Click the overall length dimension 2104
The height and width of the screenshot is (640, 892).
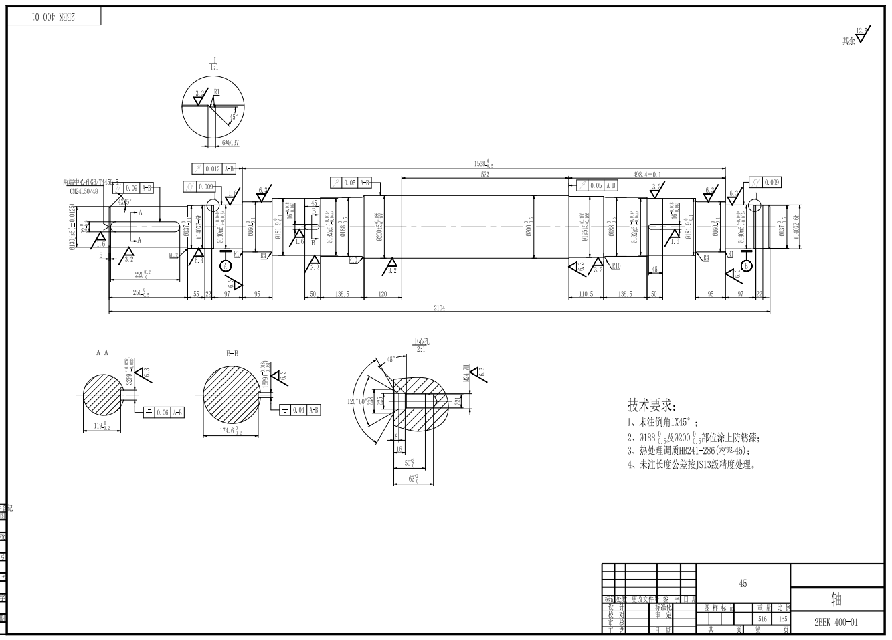pos(439,308)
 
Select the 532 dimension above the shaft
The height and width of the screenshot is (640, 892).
pos(485,174)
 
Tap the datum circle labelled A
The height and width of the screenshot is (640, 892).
pos(226,266)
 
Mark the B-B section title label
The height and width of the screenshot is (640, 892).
pos(234,351)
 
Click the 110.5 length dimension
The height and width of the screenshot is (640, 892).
pos(586,294)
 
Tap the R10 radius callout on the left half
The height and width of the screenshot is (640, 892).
pos(354,260)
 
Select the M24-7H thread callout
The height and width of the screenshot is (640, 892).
pos(466,371)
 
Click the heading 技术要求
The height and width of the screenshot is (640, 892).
pos(651,405)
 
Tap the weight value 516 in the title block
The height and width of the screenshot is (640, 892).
pos(762,619)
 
